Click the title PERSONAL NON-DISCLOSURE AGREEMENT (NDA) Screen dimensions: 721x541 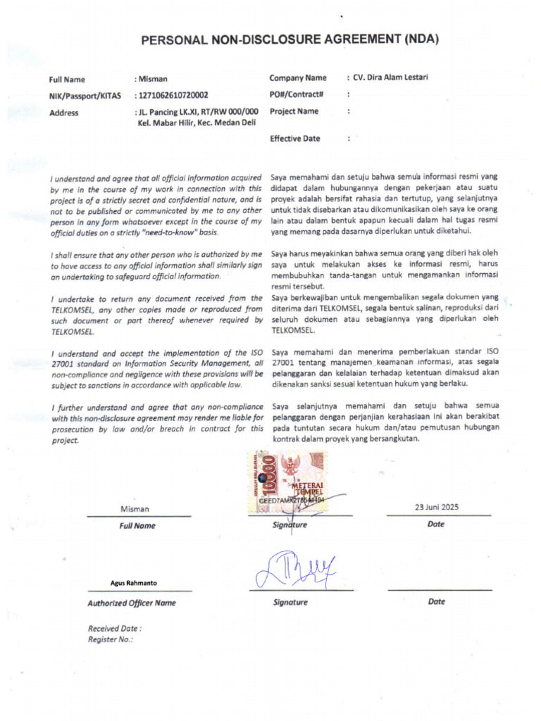coord(290,40)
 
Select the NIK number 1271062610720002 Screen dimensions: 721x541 coord(173,95)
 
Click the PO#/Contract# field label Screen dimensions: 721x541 coord(297,94)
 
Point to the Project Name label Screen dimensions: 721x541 coord(294,111)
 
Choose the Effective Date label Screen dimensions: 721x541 coord(294,139)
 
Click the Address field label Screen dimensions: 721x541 coord(63,113)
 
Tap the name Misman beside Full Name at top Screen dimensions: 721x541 coord(154,80)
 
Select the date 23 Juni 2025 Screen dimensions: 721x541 coord(437,508)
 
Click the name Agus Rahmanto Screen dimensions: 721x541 coord(134,583)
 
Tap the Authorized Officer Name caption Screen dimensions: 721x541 coord(132,603)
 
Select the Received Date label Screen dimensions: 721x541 coord(114,628)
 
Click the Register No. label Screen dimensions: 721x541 coord(110,639)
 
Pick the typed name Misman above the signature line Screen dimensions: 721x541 coord(135,509)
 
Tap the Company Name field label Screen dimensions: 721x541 coord(298,78)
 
